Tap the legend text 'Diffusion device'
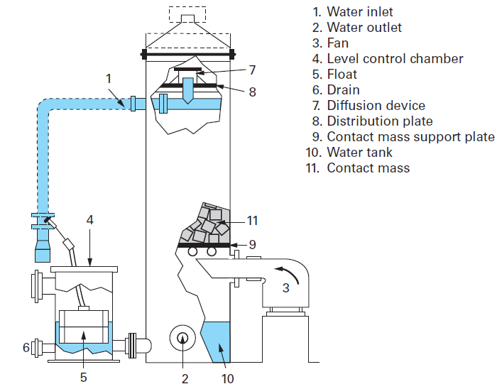(376, 106)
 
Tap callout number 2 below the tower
(185, 378)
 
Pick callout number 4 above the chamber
(89, 221)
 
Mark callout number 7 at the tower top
(251, 70)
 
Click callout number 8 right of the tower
(252, 92)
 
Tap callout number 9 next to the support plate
(251, 245)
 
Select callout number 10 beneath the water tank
(227, 378)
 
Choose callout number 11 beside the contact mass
(251, 220)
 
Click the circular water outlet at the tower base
(182, 339)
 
